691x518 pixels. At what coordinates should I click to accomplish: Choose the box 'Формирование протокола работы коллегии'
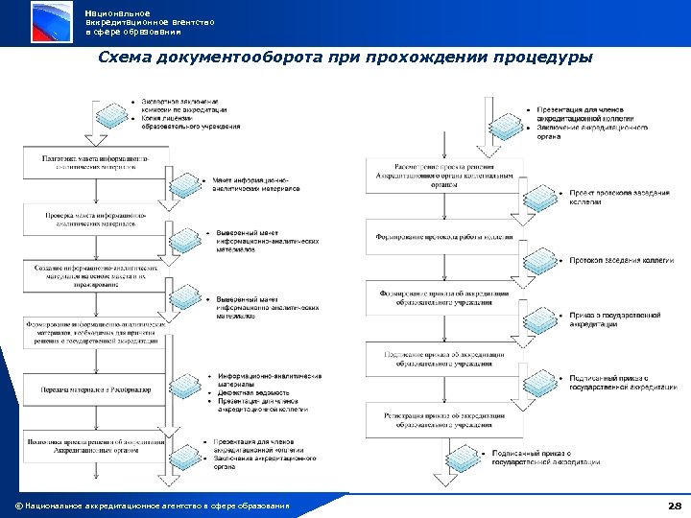445,237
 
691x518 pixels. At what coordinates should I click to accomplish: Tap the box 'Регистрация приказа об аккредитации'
445,419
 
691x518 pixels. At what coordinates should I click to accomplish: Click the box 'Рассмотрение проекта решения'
445,179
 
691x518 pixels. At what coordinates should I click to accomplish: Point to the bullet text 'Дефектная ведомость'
251,392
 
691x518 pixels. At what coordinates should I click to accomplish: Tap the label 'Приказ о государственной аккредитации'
615,318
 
